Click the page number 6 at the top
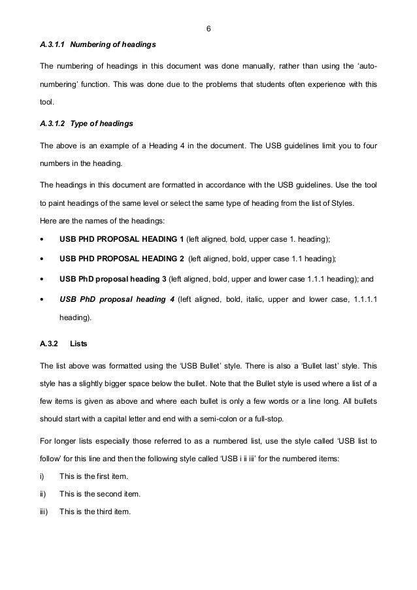click(x=208, y=29)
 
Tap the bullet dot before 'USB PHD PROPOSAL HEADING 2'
click(x=42, y=260)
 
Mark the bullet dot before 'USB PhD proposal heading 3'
click(x=42, y=279)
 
